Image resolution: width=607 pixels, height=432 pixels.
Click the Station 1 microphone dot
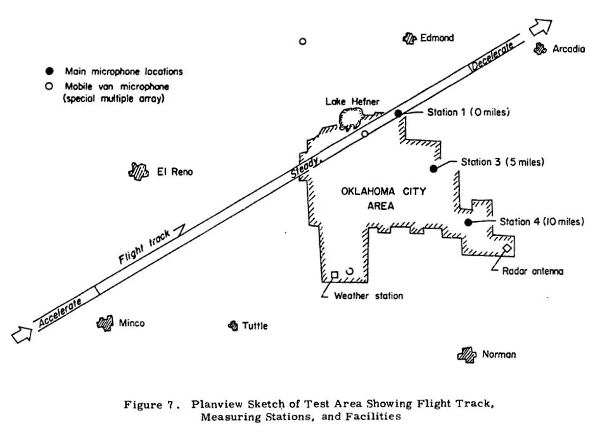point(399,114)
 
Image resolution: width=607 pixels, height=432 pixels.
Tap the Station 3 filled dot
point(434,169)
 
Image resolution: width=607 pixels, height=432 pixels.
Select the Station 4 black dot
point(468,222)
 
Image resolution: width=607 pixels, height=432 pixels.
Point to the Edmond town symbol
point(409,39)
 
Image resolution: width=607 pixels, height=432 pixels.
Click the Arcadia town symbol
point(540,48)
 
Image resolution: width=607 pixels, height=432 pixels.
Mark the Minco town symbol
point(104,323)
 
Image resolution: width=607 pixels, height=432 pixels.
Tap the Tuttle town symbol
point(233,326)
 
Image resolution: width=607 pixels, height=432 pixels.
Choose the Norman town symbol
point(467,354)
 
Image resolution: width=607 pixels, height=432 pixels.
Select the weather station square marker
point(335,275)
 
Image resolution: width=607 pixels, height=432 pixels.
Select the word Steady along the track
point(305,167)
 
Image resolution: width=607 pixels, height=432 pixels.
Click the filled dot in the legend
point(49,72)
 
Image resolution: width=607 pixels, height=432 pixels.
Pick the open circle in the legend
point(49,86)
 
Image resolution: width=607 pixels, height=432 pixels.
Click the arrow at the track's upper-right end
point(540,27)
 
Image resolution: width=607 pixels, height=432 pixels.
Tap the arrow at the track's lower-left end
point(22,334)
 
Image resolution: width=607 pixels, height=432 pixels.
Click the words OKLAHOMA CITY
point(383,191)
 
